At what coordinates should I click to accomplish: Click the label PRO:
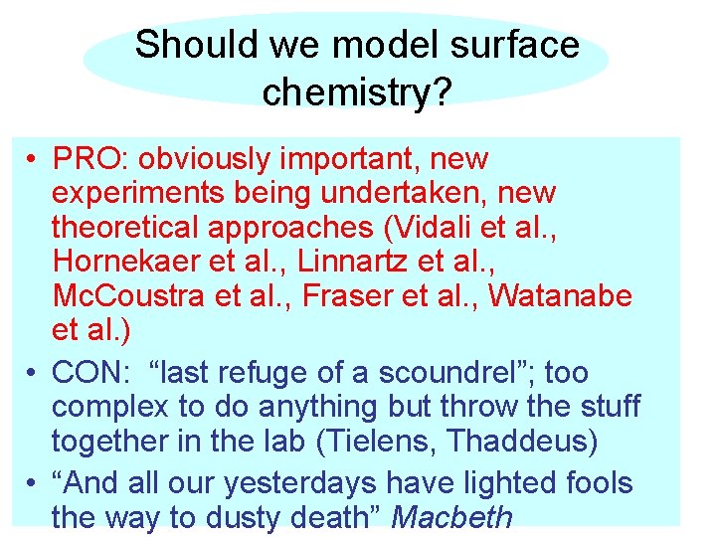[92, 159]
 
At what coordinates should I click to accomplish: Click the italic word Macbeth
[452, 517]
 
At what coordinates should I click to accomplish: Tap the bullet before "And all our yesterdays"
[33, 484]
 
